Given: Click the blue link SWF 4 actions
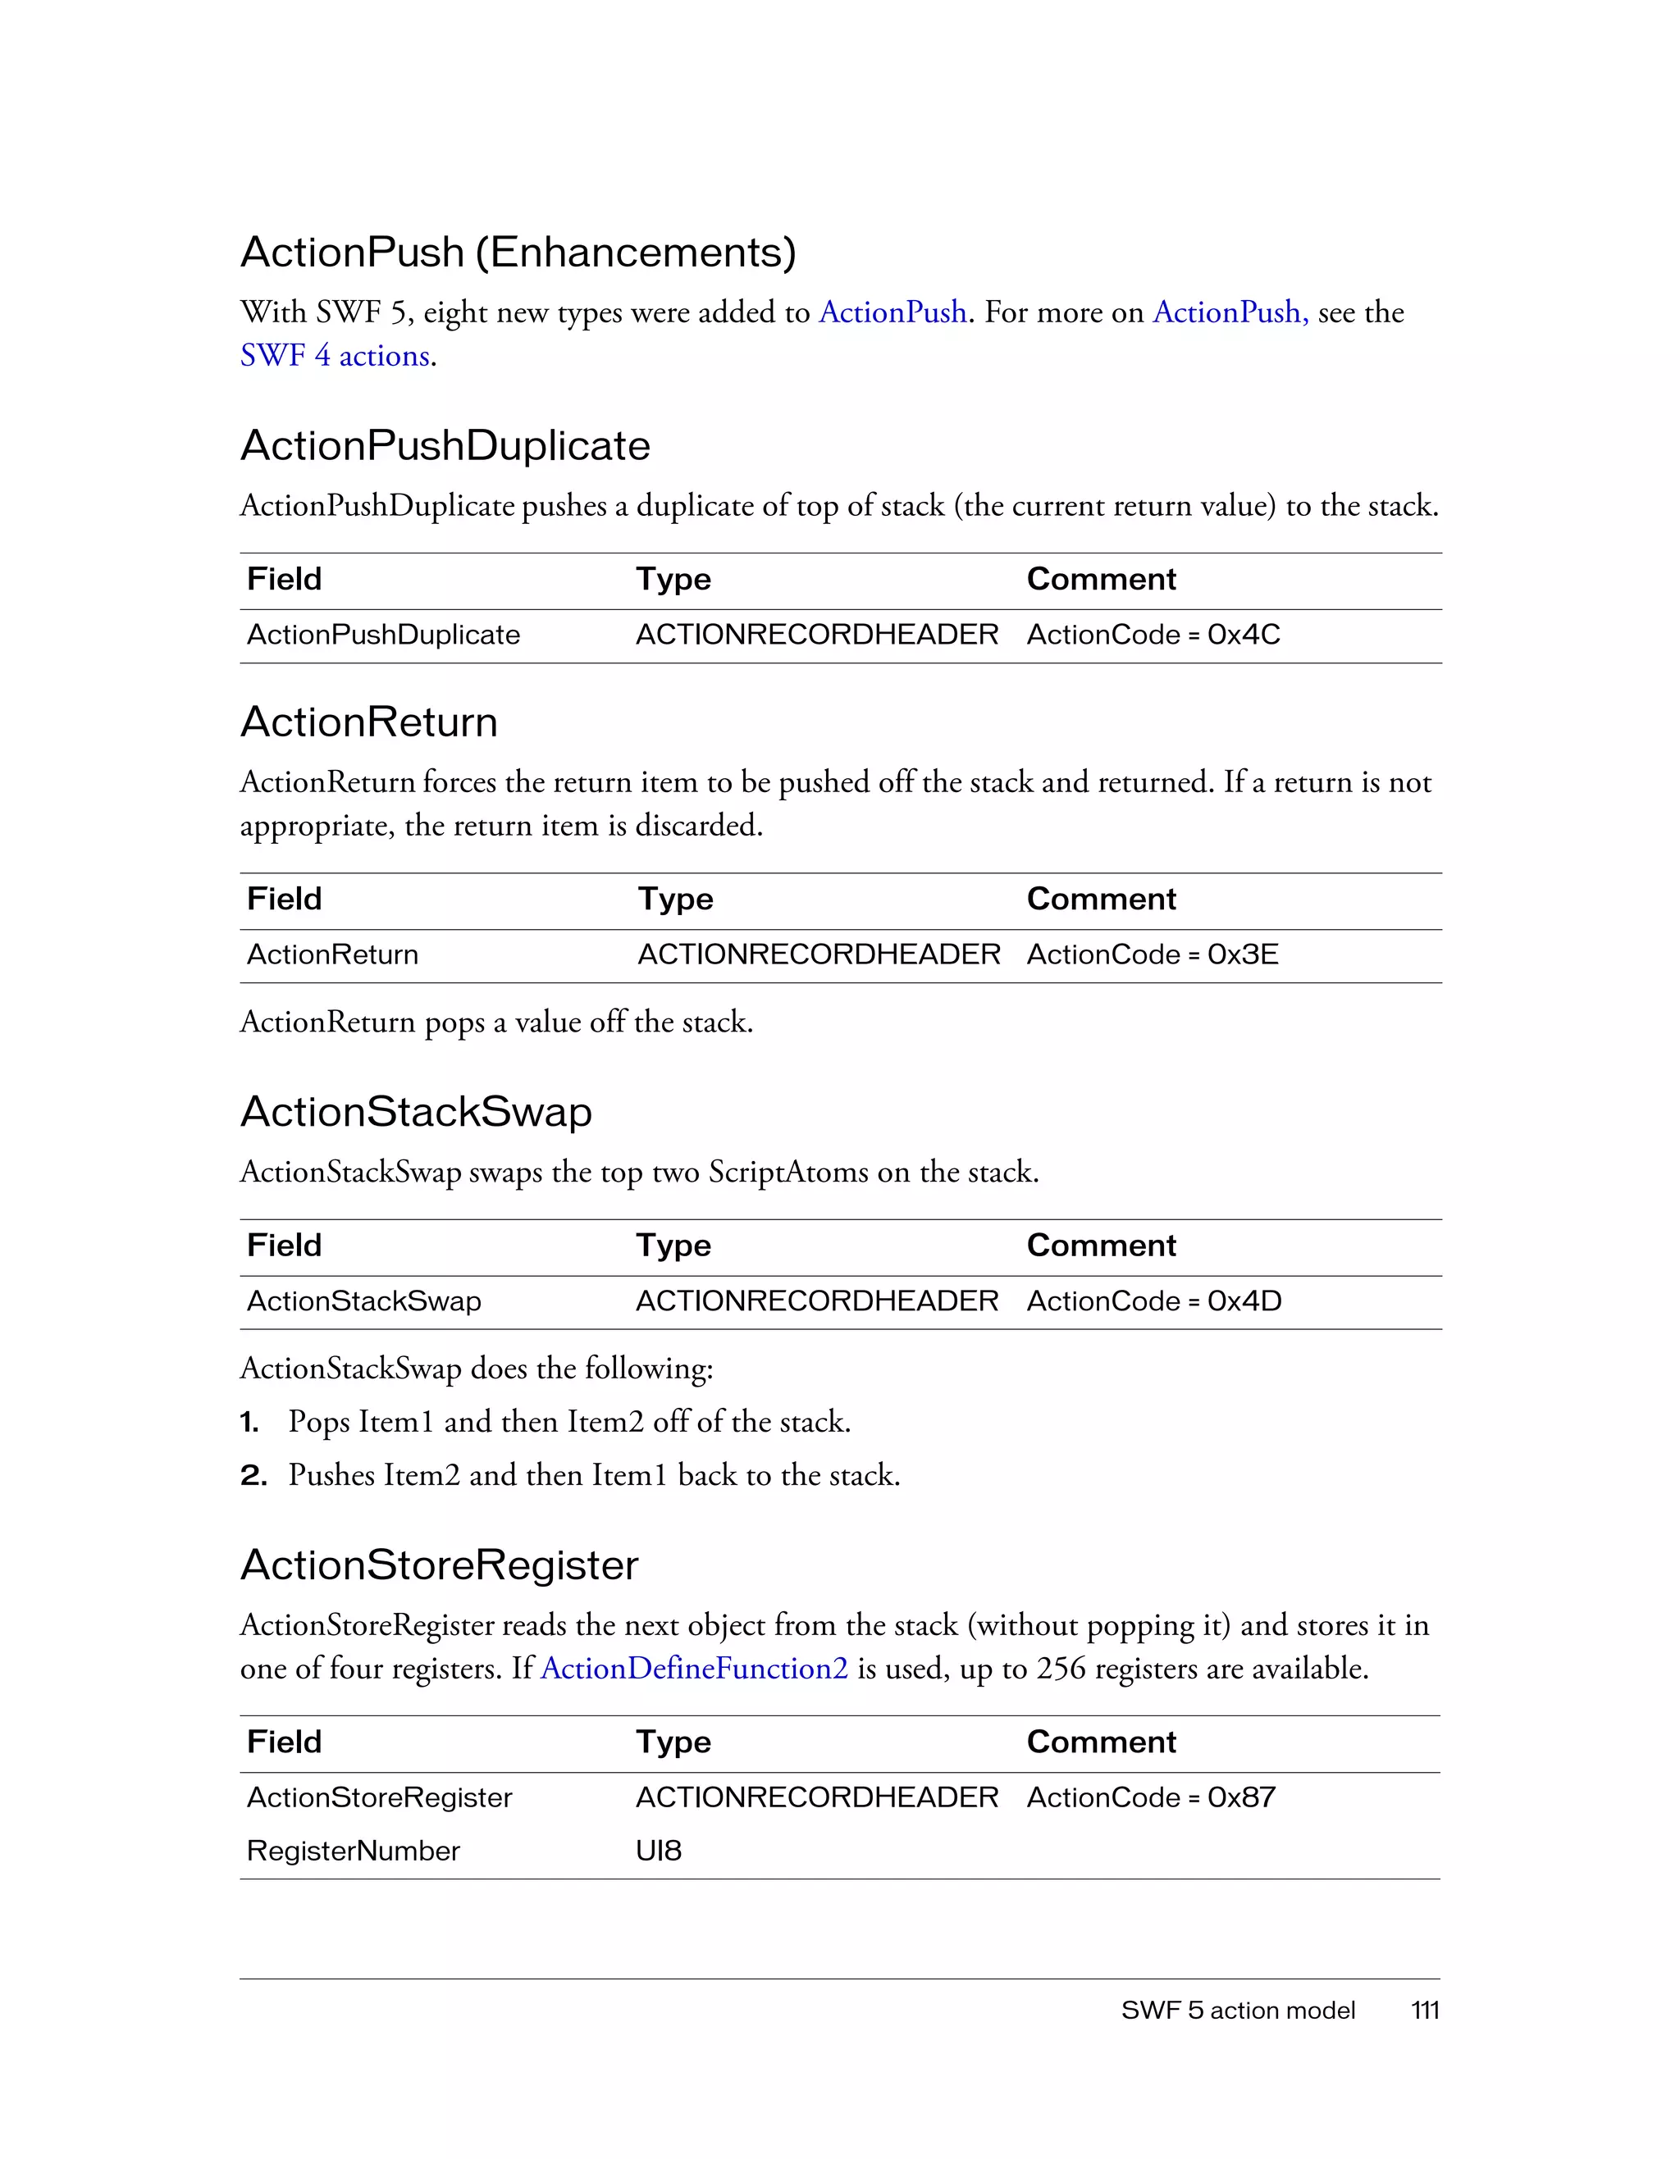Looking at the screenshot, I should click(x=336, y=355).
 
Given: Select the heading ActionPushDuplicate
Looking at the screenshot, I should click(x=445, y=445).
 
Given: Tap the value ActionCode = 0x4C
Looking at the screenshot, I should click(x=1153, y=635).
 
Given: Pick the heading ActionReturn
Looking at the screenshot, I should click(x=369, y=722).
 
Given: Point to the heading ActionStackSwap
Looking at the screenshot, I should click(x=416, y=1111).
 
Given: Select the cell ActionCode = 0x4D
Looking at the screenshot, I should click(x=1154, y=1301).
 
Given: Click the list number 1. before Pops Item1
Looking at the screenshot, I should click(x=249, y=1423).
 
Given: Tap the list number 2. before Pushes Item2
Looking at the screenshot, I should click(x=253, y=1476).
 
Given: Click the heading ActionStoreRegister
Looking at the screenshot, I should click(x=439, y=1565).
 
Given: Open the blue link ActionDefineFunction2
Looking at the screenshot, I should click(x=694, y=1669).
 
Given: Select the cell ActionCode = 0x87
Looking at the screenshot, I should click(x=1151, y=1797).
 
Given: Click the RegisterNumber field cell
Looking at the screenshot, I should click(x=353, y=1851).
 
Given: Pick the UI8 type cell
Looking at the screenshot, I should click(x=659, y=1851).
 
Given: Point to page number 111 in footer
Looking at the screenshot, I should click(x=1425, y=2010).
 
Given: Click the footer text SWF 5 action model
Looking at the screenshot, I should click(x=1238, y=2010).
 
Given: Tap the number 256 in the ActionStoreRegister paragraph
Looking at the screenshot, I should click(x=1061, y=1669).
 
